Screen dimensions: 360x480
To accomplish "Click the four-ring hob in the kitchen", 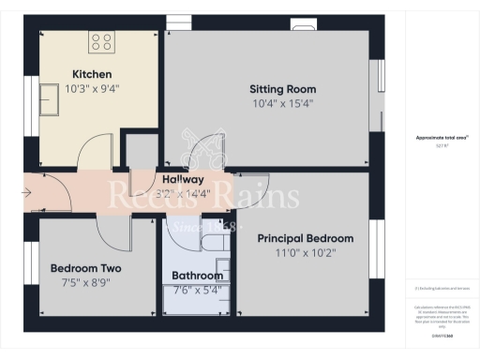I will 101,41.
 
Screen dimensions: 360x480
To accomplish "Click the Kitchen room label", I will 93,74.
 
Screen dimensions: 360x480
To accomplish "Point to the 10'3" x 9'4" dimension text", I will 93,89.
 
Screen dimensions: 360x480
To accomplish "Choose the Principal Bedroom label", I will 306,238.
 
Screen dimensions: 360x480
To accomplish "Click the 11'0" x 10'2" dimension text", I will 306,253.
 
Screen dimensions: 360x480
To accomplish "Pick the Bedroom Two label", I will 85,268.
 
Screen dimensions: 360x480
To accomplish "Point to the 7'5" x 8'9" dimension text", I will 85,282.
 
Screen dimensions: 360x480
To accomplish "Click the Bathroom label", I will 197,276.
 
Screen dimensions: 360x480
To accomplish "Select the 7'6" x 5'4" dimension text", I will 197,290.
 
